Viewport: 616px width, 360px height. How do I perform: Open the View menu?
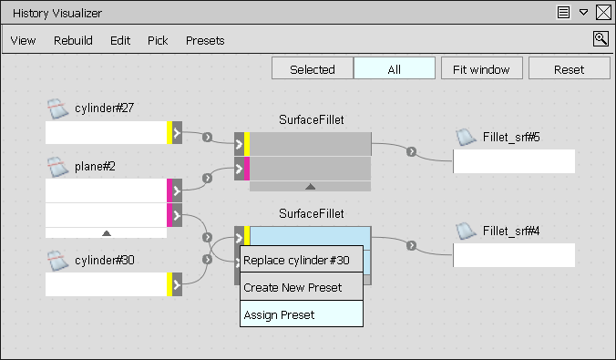(23, 40)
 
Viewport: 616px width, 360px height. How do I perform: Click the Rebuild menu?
(73, 40)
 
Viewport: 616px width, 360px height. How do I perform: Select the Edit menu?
(120, 40)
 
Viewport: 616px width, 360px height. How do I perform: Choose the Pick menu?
(158, 40)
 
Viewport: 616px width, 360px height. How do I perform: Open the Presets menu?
(205, 40)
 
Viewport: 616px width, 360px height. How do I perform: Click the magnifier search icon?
(601, 38)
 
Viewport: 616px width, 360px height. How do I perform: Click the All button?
(394, 69)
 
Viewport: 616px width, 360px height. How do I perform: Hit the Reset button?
(569, 69)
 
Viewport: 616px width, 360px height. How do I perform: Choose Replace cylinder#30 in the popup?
(296, 260)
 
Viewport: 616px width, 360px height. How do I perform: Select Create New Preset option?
(293, 287)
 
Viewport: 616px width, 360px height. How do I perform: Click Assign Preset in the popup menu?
(279, 314)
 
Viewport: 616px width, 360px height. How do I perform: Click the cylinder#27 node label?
(104, 108)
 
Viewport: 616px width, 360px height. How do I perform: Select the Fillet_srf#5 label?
(511, 138)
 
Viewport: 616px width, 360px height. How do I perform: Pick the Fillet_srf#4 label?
(511, 231)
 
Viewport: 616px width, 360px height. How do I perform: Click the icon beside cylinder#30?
(58, 261)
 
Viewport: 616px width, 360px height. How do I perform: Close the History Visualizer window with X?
(603, 13)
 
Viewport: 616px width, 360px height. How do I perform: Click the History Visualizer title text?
(56, 14)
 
